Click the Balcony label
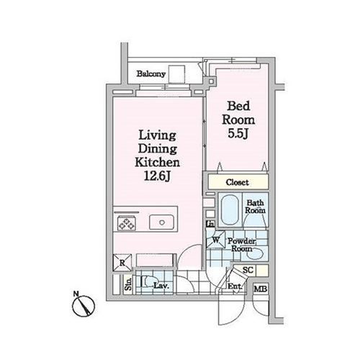pyautogui.click(x=151, y=73)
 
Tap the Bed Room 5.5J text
pyautogui.click(x=238, y=120)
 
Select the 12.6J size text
pyautogui.click(x=157, y=176)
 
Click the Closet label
pyautogui.click(x=237, y=182)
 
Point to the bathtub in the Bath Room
pyautogui.click(x=230, y=210)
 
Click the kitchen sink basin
pyautogui.click(x=161, y=222)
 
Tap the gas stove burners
pyautogui.click(x=127, y=222)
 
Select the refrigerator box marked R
pyautogui.click(x=122, y=263)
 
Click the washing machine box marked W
pyautogui.click(x=216, y=239)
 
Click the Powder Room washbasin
pyautogui.click(x=255, y=254)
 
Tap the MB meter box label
pyautogui.click(x=261, y=289)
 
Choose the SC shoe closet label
pyautogui.click(x=248, y=270)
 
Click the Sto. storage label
pyautogui.click(x=128, y=284)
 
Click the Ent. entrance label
pyautogui.click(x=235, y=287)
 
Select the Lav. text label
pyautogui.click(x=161, y=286)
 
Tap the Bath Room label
pyautogui.click(x=255, y=207)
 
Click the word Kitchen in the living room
pyautogui.click(x=157, y=163)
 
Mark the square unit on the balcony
pyautogui.click(x=176, y=74)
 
